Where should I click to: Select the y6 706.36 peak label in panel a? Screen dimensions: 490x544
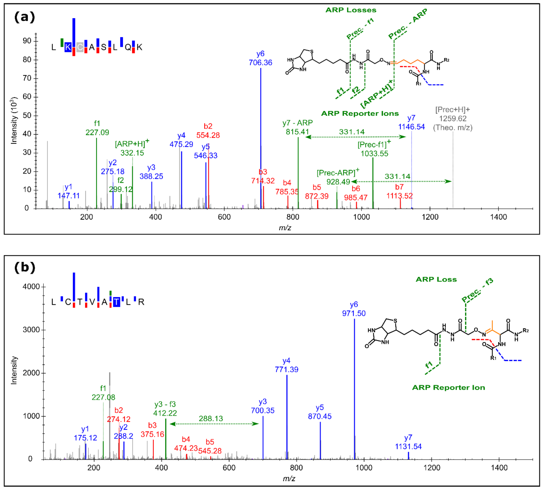pos(260,58)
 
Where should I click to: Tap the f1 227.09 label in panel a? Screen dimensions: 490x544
pos(97,128)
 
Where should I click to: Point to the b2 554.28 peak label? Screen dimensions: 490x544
pos(208,131)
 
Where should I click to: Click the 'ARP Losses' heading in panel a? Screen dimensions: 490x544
pos(351,10)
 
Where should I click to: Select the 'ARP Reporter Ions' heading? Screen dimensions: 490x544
pos(360,113)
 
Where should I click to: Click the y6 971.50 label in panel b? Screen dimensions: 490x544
pos(354,309)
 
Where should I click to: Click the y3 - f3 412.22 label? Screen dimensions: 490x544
pos(165,408)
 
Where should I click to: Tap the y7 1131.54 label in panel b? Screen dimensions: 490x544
pos(408,442)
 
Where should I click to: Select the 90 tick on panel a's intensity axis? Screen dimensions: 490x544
pos(27,41)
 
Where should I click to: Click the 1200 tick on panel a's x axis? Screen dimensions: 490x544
pos(430,217)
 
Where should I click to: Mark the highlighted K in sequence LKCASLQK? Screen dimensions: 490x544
pos(68,47)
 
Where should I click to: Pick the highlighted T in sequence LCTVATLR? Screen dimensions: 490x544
pos(116,302)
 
